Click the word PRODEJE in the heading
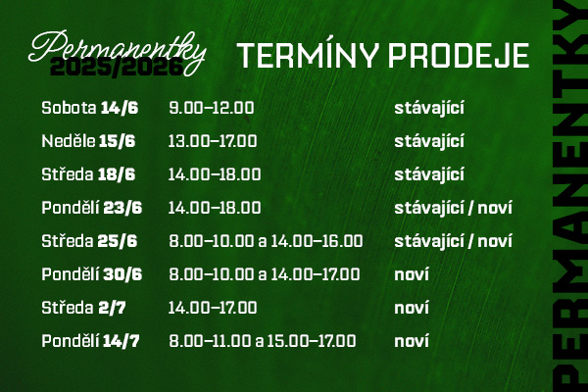(x=459, y=56)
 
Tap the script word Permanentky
(x=118, y=52)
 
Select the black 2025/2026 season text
(x=117, y=68)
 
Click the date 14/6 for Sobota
(x=120, y=108)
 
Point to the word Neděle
(x=69, y=141)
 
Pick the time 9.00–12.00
(x=212, y=108)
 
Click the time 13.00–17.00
(x=213, y=141)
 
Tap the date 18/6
(x=117, y=174)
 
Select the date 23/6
(x=122, y=208)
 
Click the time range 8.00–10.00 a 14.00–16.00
(x=266, y=241)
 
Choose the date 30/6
(x=122, y=274)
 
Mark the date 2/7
(x=112, y=308)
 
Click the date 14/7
(x=122, y=341)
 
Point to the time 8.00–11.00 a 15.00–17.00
(x=263, y=341)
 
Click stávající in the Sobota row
(x=429, y=108)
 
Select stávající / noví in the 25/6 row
(x=453, y=241)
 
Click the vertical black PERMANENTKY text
(x=570, y=196)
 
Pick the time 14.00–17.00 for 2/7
(x=213, y=308)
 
